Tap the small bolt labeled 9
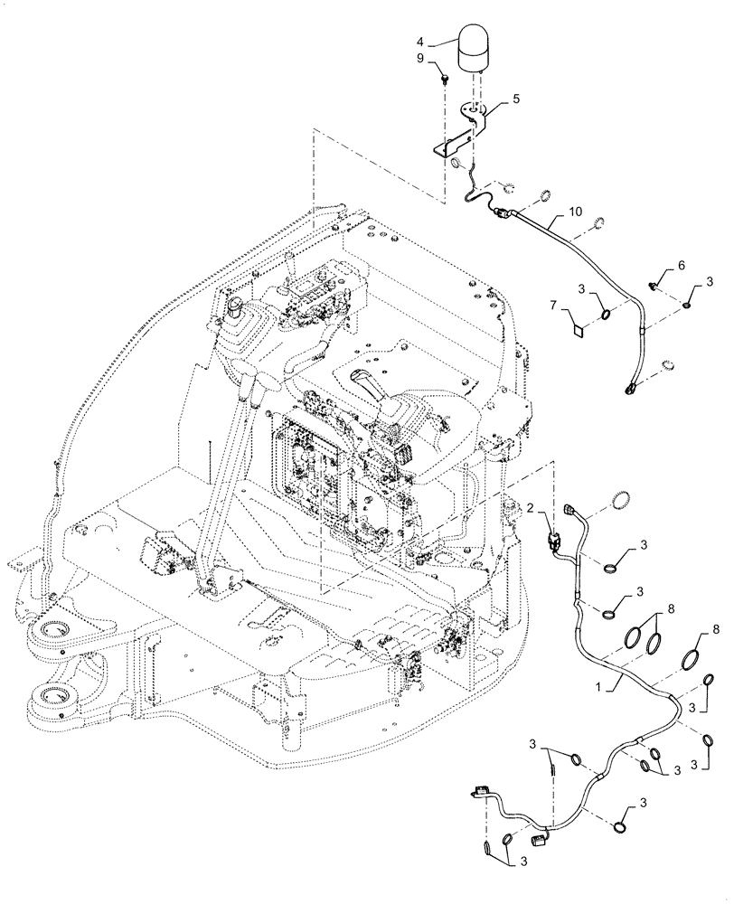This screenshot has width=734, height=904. point(446,78)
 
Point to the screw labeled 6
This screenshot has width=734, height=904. point(654,286)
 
